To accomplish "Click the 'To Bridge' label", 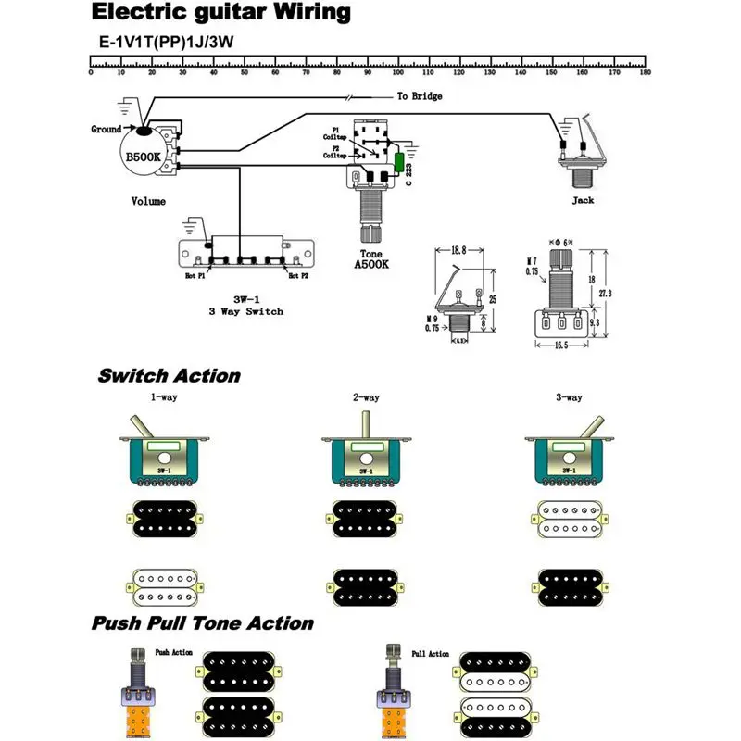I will [x=420, y=96].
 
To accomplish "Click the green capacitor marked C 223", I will [x=399, y=164].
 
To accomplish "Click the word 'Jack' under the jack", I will [x=583, y=199].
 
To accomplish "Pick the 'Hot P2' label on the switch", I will [x=298, y=276].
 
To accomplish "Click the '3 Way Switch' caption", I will [x=245, y=311].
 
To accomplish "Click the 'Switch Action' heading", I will [x=169, y=376].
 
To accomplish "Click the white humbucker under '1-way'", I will [x=162, y=587].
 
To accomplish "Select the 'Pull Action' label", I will [x=431, y=654].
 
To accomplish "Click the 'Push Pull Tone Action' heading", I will [x=202, y=623].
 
